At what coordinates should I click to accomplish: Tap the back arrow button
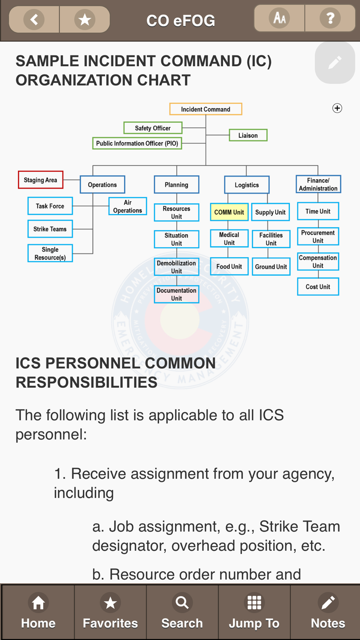(34, 19)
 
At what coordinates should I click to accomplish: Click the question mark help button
(330, 18)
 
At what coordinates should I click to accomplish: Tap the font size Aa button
(279, 18)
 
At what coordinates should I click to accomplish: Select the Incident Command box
(206, 109)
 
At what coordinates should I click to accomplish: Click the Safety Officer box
(153, 128)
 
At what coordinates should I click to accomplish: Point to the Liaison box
(248, 135)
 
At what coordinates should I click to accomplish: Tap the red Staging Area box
(40, 180)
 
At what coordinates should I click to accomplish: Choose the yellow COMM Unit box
(229, 212)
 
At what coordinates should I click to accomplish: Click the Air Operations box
(127, 206)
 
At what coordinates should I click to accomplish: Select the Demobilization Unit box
(176, 267)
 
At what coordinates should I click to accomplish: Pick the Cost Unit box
(318, 287)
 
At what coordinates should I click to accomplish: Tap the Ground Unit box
(271, 267)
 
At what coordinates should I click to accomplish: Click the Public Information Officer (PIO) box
(137, 143)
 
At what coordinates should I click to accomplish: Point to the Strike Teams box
(50, 229)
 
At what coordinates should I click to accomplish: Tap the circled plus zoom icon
(337, 108)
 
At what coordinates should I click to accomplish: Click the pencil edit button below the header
(335, 63)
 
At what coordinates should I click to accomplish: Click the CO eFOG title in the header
(181, 21)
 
